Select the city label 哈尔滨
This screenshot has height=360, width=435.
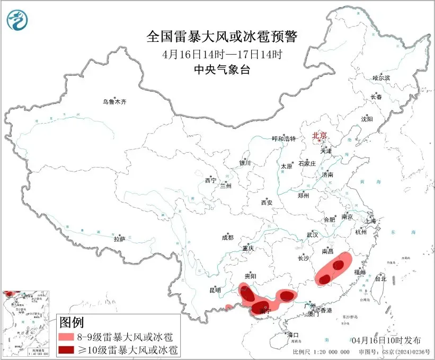point(380,78)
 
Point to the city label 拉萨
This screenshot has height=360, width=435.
point(119,239)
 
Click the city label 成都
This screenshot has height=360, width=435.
point(227,238)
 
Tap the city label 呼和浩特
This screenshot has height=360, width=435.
point(282,139)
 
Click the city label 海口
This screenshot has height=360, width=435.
point(293,335)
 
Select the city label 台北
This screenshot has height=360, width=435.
point(380,278)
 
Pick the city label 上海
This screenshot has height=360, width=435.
point(370,221)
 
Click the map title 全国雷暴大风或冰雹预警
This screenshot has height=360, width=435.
point(222,37)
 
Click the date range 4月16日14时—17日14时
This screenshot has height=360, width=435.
point(222,54)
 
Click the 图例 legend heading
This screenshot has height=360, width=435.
point(72,322)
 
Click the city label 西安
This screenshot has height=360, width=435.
point(266,203)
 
